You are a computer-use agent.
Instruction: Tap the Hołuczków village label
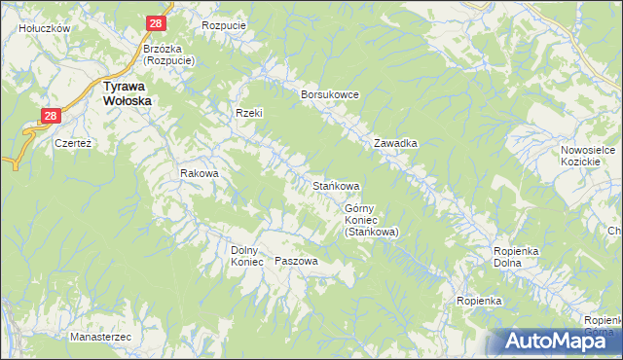[x=45, y=29]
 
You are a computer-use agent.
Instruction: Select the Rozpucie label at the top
[x=223, y=25]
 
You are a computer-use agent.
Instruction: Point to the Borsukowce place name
[x=331, y=94]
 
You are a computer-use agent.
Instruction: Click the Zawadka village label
[x=396, y=143]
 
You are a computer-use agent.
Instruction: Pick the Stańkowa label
[x=336, y=185]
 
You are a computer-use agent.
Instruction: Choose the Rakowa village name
[x=199, y=173]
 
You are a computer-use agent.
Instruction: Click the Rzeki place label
[x=249, y=113]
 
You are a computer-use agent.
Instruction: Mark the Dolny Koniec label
[x=247, y=255]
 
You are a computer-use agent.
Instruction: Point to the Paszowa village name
[x=297, y=261]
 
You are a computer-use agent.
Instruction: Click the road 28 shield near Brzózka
[x=156, y=23]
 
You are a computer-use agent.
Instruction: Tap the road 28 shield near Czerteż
[x=53, y=116]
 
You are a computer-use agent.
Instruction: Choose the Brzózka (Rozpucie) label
[x=169, y=54]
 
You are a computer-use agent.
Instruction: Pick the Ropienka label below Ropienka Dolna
[x=479, y=301]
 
